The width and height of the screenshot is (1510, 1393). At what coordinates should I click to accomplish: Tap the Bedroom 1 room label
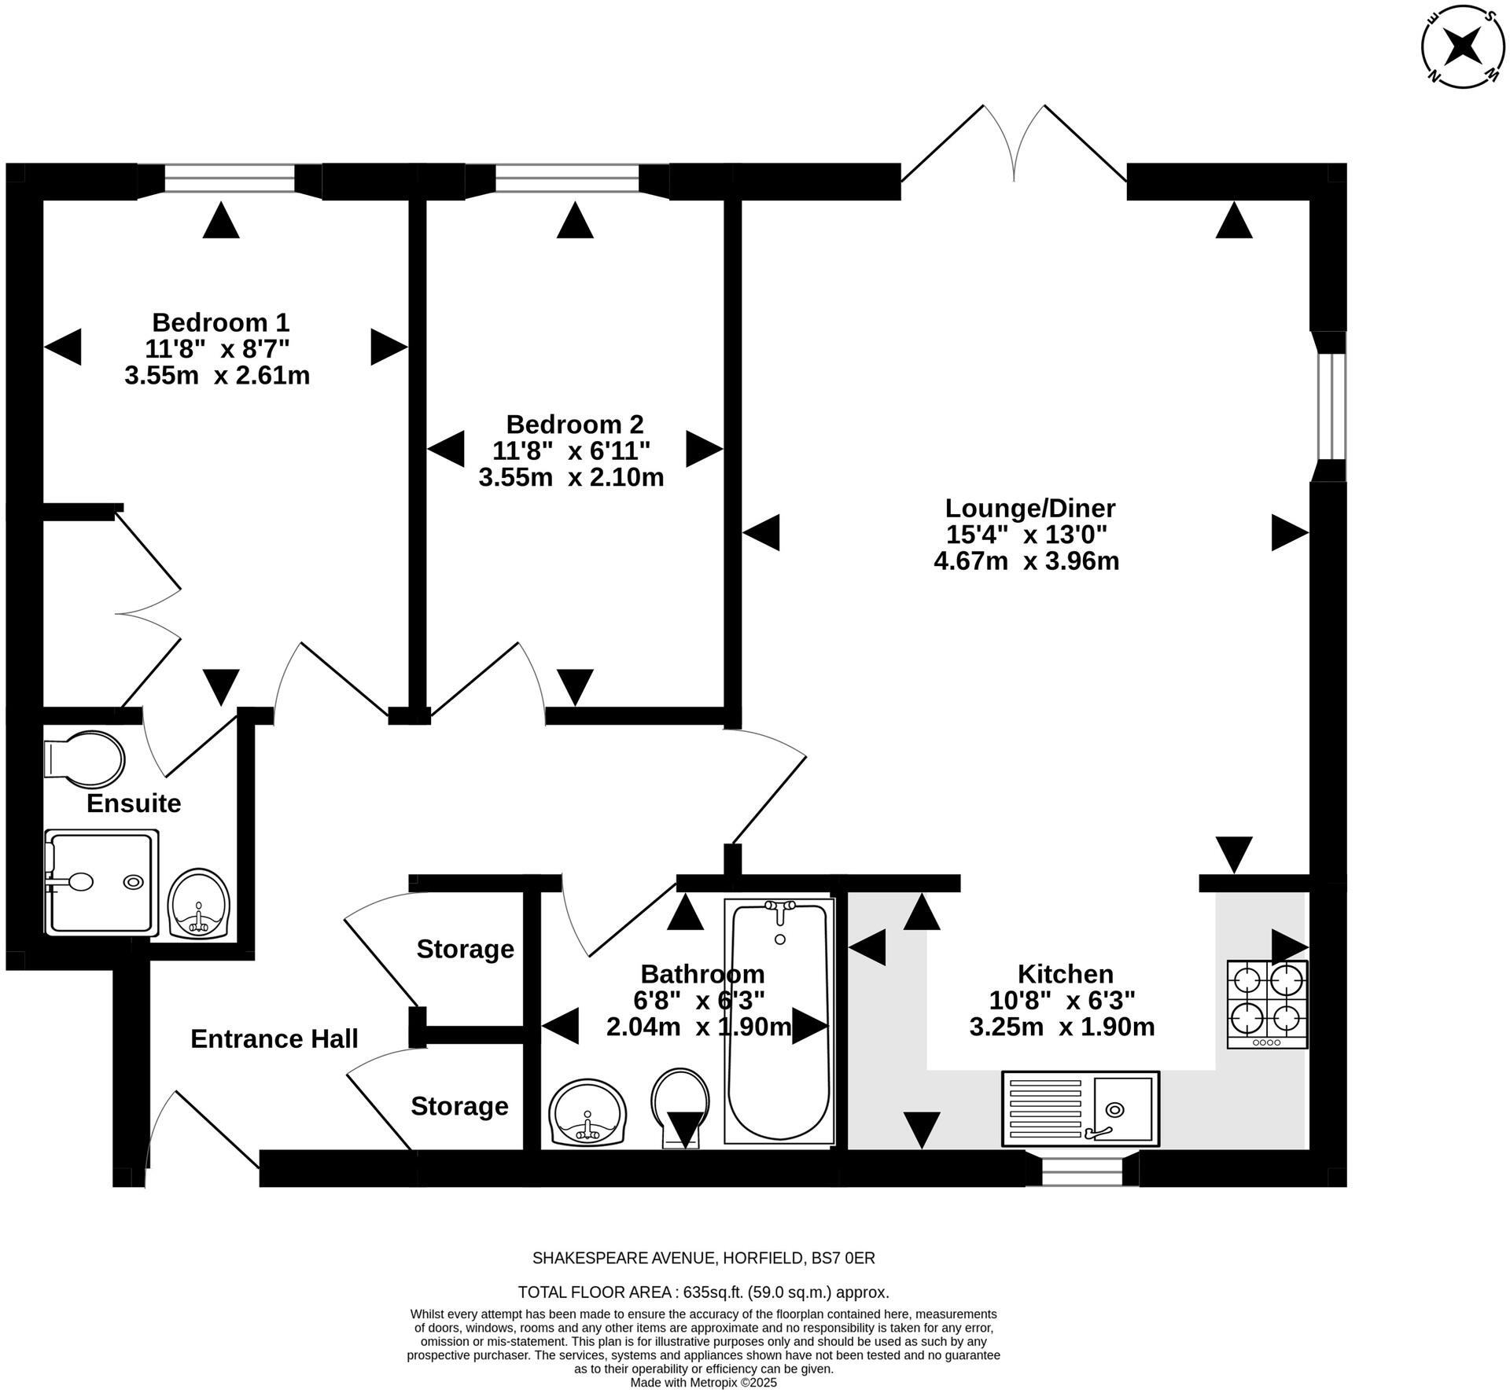coord(220,322)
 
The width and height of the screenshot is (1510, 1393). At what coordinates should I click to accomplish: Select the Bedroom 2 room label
coord(574,425)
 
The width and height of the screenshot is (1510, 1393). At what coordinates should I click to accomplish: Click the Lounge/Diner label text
coord(1029,508)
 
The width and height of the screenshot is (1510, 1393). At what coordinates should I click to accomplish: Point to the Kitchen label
coord(1065,974)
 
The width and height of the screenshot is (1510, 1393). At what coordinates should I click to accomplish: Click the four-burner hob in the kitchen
coord(1267,1004)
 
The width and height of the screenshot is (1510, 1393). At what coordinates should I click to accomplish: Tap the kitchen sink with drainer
coord(1080,1108)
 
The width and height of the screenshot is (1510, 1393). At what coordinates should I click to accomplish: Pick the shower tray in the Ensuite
coord(101,882)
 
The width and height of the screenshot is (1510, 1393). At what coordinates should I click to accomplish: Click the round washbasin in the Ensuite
coord(200,903)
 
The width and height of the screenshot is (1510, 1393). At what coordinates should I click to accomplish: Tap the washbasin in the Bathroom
coord(587,1112)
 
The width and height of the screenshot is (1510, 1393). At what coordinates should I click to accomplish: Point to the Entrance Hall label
coord(274,1038)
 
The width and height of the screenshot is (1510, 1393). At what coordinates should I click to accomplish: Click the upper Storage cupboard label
coord(465,949)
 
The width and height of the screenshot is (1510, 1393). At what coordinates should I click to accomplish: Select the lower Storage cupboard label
coord(459,1106)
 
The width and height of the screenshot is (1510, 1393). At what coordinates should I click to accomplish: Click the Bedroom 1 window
coord(230,179)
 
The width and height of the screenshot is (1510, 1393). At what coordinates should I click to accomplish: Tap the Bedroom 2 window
coord(567,179)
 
